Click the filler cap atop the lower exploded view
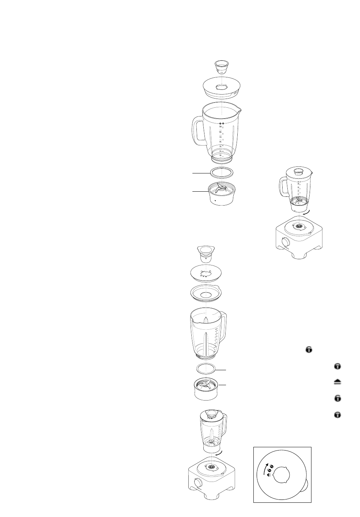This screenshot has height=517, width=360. [206, 252]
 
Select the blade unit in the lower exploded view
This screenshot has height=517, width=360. [206, 388]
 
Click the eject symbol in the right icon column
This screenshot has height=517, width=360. [338, 382]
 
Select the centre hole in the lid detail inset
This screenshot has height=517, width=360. [281, 476]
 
